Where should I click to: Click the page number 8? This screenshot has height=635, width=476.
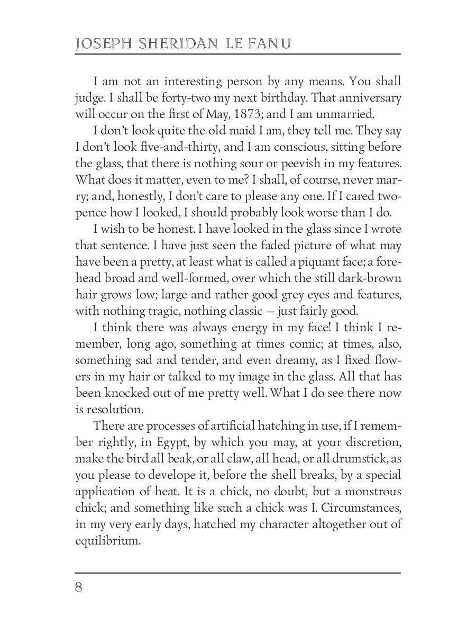[x=78, y=588]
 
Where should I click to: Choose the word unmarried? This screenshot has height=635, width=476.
[x=349, y=113]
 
